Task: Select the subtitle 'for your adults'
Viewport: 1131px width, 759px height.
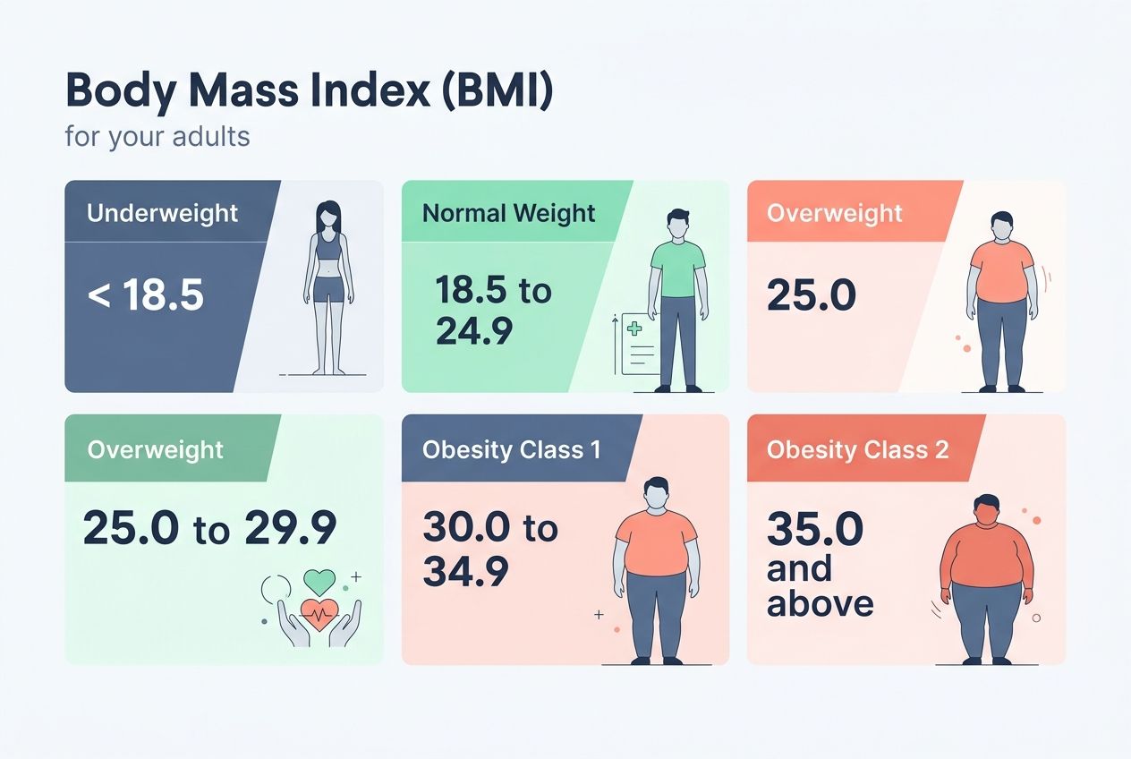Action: [x=157, y=137]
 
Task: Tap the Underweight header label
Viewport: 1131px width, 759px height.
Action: [x=162, y=213]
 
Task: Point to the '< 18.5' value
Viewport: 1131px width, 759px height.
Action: [x=146, y=294]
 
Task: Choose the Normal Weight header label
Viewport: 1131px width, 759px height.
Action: [x=508, y=213]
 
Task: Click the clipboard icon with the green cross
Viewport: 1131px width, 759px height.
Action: [x=634, y=343]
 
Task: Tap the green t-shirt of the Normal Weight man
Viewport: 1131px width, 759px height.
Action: [x=677, y=268]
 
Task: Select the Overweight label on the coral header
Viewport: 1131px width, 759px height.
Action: [x=834, y=213]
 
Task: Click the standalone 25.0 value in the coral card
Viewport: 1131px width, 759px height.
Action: [x=811, y=294]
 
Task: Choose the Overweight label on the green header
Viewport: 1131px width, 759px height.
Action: [x=155, y=448]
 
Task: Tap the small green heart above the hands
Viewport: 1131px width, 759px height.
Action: [x=319, y=581]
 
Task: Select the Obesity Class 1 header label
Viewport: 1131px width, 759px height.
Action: [x=511, y=448]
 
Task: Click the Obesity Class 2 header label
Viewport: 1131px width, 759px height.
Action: [x=857, y=448]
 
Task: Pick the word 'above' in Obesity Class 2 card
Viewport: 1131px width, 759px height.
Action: [x=820, y=603]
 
